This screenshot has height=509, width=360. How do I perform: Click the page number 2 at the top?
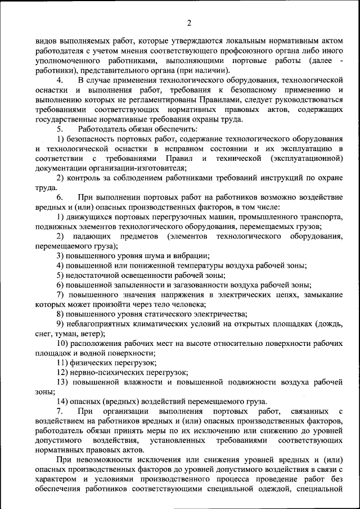click(190, 23)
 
